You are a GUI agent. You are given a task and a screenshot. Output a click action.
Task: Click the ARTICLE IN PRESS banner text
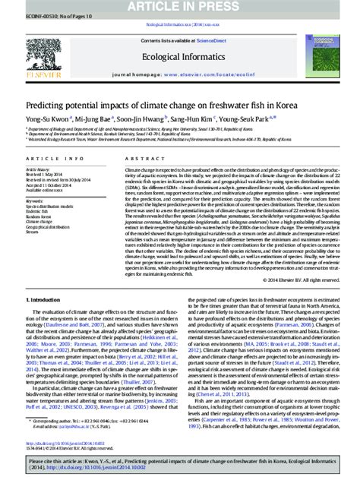tap(180, 6)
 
